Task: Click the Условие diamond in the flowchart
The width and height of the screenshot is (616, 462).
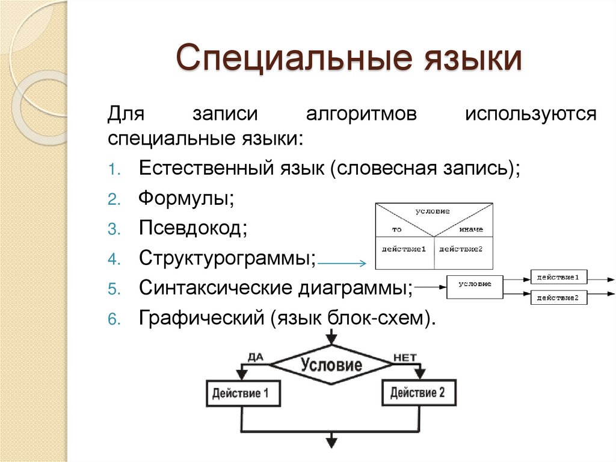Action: pos(331,364)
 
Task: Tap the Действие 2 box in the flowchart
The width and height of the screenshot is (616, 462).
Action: pos(418,393)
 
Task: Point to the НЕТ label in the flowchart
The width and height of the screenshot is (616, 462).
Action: pos(404,357)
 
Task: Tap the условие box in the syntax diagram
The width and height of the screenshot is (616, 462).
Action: pos(475,285)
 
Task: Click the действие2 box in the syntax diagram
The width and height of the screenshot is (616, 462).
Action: pos(558,298)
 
